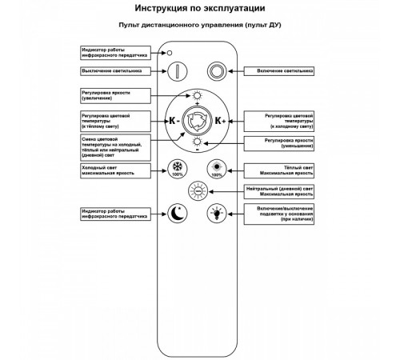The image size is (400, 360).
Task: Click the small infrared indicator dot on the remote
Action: click(x=170, y=53)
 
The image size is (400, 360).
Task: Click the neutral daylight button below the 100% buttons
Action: click(x=195, y=190)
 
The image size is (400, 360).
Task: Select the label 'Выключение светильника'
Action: click(x=112, y=70)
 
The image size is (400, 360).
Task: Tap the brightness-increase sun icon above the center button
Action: click(x=196, y=95)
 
